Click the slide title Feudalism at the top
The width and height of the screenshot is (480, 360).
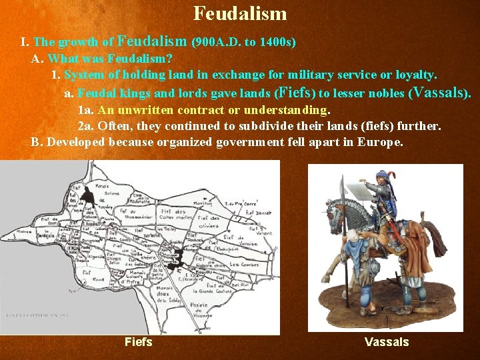point(240,13)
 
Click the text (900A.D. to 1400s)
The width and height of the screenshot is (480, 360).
point(244,42)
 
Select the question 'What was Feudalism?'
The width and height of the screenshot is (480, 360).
point(110,59)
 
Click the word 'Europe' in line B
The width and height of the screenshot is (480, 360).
point(380,142)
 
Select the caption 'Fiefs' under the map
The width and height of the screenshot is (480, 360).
point(139,342)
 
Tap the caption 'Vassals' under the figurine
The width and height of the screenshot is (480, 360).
point(387,342)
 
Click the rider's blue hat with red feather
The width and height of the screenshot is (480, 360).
point(381,176)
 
